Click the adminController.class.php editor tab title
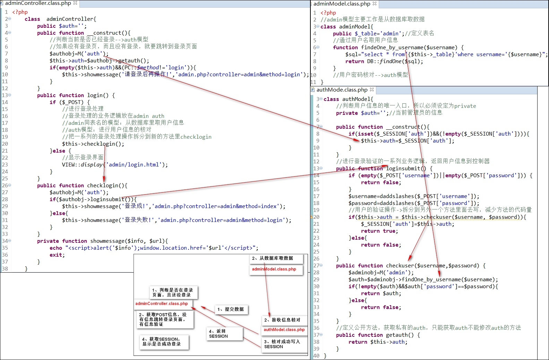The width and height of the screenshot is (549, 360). [38, 3]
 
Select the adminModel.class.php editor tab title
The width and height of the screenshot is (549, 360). [342, 4]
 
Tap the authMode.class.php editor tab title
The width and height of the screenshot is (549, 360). [342, 90]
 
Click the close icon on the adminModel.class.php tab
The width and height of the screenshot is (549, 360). [375, 3]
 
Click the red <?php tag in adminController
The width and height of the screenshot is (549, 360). [20, 12]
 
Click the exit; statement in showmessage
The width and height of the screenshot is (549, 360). [57, 255]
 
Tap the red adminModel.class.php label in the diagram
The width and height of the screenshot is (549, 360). [274, 269]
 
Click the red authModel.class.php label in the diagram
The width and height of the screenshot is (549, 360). [284, 329]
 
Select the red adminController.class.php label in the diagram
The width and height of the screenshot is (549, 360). [162, 303]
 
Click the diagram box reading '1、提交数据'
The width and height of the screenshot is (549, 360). [231, 309]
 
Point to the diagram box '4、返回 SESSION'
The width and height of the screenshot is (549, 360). [225, 334]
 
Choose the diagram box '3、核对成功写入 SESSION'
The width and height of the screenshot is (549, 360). [284, 344]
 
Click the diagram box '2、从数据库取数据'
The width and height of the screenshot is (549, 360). [276, 258]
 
